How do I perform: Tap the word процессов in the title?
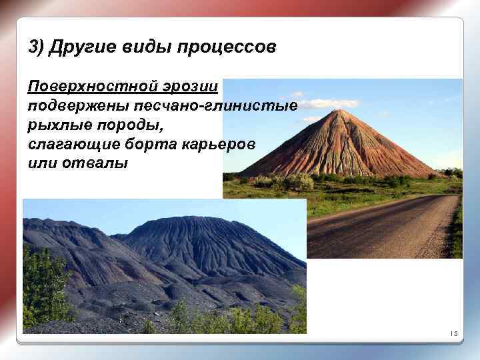(225, 48)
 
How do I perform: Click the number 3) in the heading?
(37, 48)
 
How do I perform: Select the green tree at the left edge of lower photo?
(43, 287)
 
